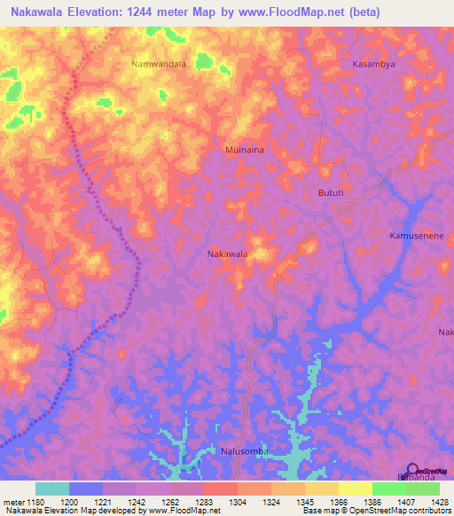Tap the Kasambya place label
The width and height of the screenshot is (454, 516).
point(372,65)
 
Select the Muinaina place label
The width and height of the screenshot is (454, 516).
point(245,151)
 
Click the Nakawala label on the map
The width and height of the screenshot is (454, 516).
point(227,254)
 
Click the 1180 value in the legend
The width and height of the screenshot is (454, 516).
point(29,502)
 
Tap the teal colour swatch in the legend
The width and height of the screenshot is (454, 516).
point(52,489)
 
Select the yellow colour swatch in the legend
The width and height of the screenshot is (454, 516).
point(355,489)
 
